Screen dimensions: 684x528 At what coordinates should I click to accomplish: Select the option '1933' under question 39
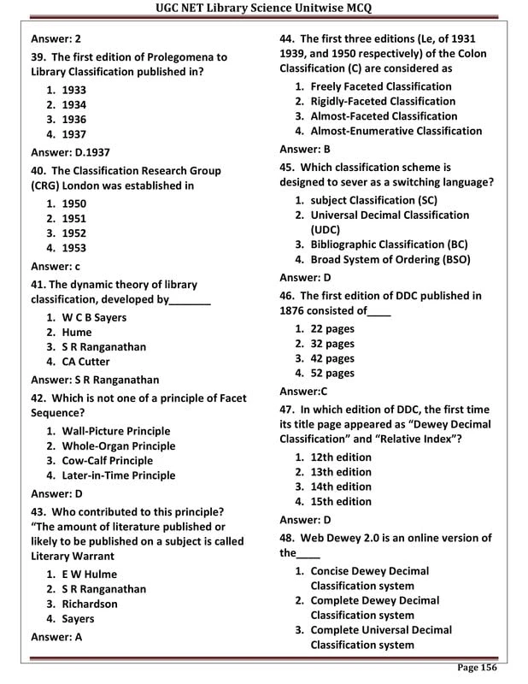tap(74, 90)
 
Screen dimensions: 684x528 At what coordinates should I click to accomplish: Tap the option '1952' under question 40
tap(74, 233)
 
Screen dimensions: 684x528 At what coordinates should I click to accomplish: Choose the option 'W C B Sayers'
tap(94, 318)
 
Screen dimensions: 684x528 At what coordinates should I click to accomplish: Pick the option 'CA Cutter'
tap(85, 362)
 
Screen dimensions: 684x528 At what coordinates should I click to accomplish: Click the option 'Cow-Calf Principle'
tap(107, 461)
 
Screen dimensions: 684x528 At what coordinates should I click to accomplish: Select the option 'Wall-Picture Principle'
tap(115, 432)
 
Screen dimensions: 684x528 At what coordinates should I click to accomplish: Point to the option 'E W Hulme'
tap(89, 575)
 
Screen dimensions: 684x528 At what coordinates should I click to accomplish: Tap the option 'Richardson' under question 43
tap(90, 604)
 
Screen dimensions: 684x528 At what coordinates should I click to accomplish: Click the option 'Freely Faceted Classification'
tap(380, 87)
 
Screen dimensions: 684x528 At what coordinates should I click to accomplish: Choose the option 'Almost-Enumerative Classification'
tap(396, 131)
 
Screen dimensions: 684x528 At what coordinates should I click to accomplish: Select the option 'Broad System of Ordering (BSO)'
tap(390, 260)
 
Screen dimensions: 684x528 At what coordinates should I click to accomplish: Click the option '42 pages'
tap(331, 358)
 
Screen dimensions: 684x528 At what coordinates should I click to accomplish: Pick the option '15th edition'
tap(341, 502)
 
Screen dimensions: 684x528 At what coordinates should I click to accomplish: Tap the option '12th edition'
tap(341, 458)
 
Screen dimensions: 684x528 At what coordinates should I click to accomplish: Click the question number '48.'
tap(288, 538)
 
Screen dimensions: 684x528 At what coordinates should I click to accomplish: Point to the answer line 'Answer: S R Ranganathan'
tap(95, 380)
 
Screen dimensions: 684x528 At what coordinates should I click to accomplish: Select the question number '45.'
tap(288, 168)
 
